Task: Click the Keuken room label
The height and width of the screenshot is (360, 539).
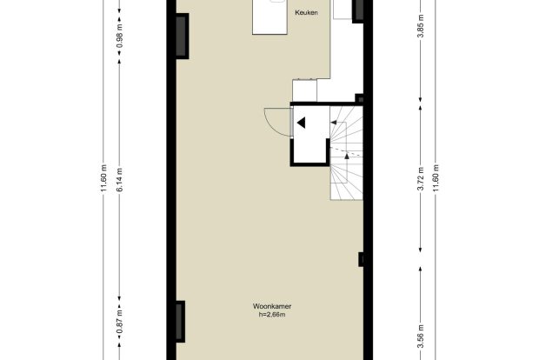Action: (306, 13)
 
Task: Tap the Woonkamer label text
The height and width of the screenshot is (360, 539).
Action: (272, 306)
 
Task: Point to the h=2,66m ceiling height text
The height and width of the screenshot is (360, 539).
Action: (272, 315)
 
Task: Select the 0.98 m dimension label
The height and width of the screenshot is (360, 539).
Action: (119, 36)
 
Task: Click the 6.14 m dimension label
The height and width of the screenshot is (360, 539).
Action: (119, 180)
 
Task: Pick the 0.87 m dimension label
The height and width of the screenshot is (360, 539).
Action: (119, 322)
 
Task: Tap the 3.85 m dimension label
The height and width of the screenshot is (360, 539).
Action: (421, 27)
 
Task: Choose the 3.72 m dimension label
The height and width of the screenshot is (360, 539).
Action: (421, 178)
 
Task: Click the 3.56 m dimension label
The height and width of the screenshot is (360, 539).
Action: (421, 337)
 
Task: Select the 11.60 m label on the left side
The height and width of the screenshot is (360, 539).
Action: (103, 179)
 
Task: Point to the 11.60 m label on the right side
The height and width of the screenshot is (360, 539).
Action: (436, 178)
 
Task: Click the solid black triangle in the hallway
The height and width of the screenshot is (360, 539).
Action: (302, 123)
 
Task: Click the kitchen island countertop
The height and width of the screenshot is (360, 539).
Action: (269, 17)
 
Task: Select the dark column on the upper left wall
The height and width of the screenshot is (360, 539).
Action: (183, 37)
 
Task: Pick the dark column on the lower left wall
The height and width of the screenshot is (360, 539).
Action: (181, 322)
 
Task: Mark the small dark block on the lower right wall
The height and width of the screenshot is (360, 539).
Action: (361, 259)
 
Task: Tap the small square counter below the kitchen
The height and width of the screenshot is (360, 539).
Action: (304, 90)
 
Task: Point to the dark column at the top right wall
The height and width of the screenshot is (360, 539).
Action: (358, 11)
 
